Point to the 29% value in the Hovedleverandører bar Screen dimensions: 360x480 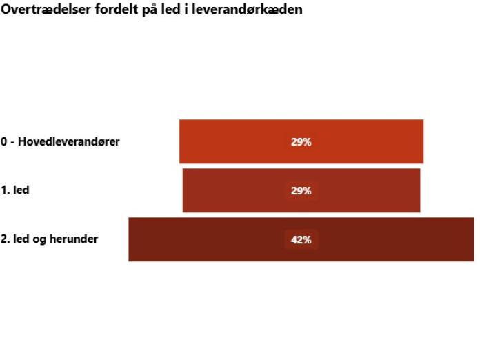click(x=301, y=142)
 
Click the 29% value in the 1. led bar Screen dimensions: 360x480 click(x=301, y=191)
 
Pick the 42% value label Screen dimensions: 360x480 click(x=301, y=240)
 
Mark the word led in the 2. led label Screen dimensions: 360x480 click(x=23, y=239)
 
